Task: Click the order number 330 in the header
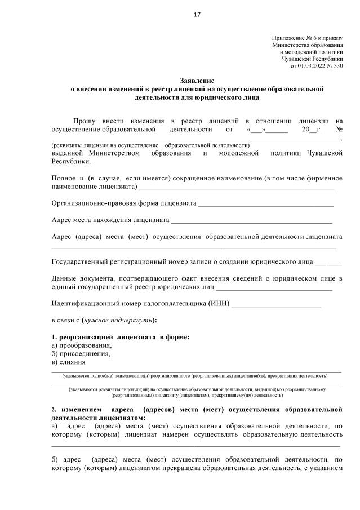[x=335, y=66]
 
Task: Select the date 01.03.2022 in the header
[x=312, y=66]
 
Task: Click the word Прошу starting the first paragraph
[x=85, y=121]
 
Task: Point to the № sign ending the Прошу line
[x=339, y=130]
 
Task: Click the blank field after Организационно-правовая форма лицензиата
[x=265, y=203]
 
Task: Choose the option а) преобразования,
[x=81, y=345]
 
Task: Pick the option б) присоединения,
[x=81, y=354]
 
